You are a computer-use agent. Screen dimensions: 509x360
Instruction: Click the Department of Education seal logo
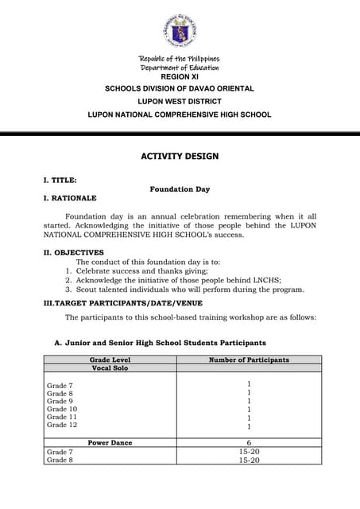point(179,31)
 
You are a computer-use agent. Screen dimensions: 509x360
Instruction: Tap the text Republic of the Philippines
point(179,59)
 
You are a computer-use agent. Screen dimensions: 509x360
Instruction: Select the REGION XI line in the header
point(180,76)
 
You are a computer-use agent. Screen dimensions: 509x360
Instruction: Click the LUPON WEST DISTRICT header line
point(180,102)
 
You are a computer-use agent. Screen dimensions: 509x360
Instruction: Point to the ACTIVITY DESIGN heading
point(180,157)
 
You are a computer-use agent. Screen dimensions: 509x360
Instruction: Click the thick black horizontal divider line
point(180,134)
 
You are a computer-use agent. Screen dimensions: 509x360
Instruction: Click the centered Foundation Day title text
point(180,189)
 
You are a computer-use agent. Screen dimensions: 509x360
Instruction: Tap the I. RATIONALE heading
point(69,198)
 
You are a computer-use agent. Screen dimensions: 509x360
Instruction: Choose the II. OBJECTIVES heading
point(72,253)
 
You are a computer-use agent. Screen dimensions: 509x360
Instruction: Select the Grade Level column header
point(110,360)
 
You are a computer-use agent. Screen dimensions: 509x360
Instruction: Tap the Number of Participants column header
point(249,360)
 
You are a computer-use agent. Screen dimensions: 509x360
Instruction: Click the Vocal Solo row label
point(110,368)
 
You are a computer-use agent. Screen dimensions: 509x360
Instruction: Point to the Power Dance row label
point(110,442)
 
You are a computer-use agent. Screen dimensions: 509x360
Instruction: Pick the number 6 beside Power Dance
point(249,443)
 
